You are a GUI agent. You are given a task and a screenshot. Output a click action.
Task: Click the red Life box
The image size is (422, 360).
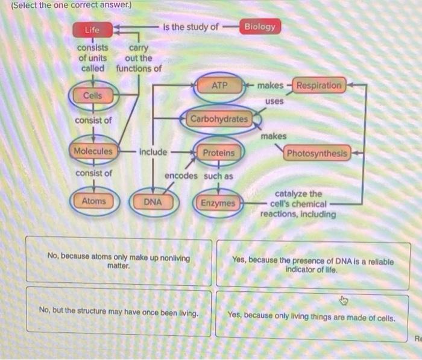[92, 30]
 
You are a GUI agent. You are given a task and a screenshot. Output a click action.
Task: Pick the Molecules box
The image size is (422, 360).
[93, 151]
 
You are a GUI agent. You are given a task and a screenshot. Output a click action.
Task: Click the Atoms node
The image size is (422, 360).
[93, 201]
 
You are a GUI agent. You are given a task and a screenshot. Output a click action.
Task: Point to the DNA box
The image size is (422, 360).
[153, 202]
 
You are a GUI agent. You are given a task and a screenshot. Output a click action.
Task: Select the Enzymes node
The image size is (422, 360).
[218, 203]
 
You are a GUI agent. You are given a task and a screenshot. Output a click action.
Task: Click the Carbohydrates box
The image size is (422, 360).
[219, 119]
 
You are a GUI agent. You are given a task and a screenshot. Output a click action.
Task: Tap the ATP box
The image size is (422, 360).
[220, 86]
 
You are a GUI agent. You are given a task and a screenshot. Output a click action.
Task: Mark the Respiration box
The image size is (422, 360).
[319, 86]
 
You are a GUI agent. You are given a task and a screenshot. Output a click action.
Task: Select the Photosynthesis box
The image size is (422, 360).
[317, 153]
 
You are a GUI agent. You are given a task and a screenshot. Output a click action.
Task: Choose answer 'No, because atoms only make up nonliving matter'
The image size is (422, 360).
[119, 262]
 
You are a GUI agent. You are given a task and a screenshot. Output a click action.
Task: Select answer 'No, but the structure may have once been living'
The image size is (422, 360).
[119, 311]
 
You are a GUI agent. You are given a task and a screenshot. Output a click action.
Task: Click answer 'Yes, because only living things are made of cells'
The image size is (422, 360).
[311, 315]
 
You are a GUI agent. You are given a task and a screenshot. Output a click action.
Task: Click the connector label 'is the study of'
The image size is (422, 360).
[191, 27]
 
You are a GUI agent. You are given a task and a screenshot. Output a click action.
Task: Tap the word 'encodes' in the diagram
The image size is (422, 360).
[181, 176]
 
